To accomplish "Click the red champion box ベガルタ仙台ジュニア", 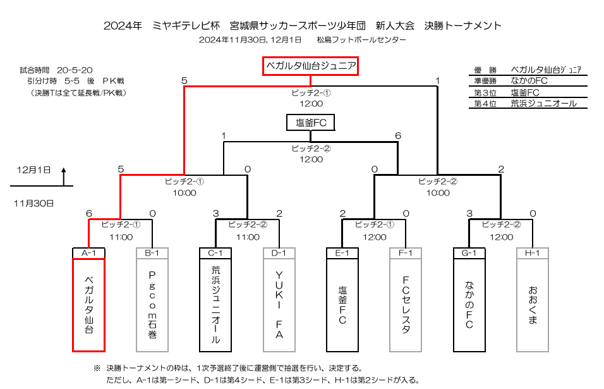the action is pos(310,66).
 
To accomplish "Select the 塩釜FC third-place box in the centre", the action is pos(310,123).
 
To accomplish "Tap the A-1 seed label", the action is pos(88,253).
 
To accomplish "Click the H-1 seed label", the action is pos(533,253).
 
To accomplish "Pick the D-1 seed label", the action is pos(279,253).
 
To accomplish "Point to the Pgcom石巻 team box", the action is pos(152,305).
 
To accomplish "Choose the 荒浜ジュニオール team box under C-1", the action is pos(215,305).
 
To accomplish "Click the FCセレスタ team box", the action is pos(406,305).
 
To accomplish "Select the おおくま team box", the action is pos(533,305).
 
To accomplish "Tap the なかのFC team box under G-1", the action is pos(469,305).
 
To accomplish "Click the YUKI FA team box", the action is pos(279,305).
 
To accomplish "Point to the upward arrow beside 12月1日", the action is pos(64,176).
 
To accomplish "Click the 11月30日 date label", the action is pos(33,204).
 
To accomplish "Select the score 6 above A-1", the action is pos(89,214).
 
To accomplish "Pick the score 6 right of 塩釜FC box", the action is pos(398,136).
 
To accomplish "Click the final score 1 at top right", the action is pos(437,80).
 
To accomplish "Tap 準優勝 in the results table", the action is pos(485,81).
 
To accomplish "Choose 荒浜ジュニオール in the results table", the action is pos(543,103).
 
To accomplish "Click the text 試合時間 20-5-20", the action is pos(56,70).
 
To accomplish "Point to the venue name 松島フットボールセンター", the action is pos(361,40).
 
